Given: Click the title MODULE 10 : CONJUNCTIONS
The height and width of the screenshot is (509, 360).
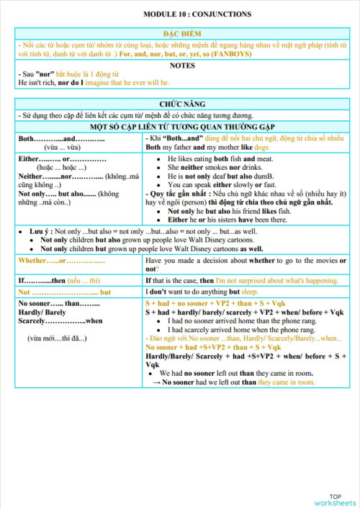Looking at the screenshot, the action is pos(186,14).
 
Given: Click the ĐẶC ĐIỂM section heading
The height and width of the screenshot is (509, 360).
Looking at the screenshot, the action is pos(186,34).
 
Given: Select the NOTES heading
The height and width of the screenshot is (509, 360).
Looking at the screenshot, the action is pos(186,65).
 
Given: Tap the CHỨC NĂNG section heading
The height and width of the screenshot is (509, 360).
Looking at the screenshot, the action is pos(186,105).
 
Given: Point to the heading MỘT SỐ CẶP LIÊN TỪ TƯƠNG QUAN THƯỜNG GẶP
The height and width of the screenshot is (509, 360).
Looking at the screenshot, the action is pos(186,126).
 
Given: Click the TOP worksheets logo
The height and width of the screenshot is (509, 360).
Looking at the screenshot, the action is pos(335,498).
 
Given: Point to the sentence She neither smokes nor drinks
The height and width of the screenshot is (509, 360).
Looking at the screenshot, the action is pos(219,167).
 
